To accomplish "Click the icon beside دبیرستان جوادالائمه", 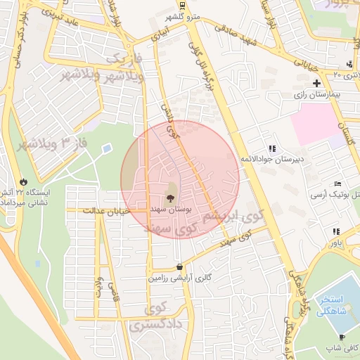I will click(x=271, y=148).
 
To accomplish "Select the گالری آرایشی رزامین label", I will click(x=179, y=278).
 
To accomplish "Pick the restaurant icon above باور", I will click(x=336, y=231).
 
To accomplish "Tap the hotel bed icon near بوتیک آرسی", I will click(x=338, y=183).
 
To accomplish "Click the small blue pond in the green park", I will click(x=106, y=149).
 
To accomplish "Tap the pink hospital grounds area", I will click(x=316, y=124).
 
